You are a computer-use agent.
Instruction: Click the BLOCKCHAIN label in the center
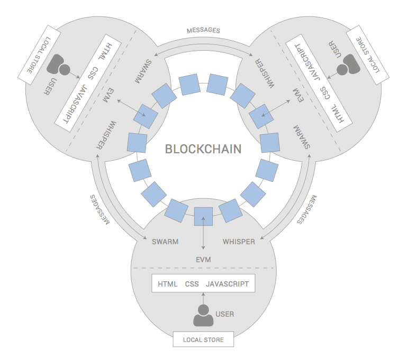(x=203, y=149)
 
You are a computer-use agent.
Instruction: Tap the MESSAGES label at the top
(x=204, y=31)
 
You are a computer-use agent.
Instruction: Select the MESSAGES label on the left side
(x=99, y=209)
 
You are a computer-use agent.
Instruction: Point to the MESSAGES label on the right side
(x=307, y=209)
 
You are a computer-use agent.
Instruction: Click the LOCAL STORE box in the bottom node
(x=203, y=339)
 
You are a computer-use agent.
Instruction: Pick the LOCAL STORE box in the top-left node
(x=39, y=55)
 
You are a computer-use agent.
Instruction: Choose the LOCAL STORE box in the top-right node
(x=368, y=55)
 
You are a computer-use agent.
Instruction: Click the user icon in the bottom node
(x=203, y=316)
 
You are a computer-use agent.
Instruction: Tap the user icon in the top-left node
(x=59, y=64)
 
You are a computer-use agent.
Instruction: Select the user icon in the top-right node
(x=348, y=64)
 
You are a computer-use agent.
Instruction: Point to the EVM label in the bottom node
(x=203, y=260)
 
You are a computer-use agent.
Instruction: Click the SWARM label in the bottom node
(x=165, y=242)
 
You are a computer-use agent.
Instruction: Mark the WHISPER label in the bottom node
(x=239, y=242)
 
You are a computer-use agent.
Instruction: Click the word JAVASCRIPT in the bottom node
(x=227, y=284)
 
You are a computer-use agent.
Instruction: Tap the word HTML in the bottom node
(x=168, y=284)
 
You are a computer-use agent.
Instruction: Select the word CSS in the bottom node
(x=192, y=284)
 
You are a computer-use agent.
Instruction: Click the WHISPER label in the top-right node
(x=265, y=74)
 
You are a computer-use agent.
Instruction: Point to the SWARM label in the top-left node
(x=143, y=71)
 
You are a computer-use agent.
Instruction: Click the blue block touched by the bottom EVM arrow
(x=203, y=216)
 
